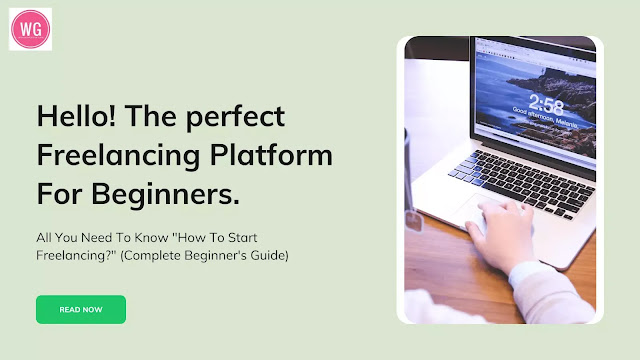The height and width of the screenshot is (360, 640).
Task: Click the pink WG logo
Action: (31, 29)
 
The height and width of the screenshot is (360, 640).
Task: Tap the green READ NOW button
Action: (81, 309)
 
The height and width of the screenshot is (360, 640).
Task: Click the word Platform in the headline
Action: (271, 155)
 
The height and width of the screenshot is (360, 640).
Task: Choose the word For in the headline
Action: (59, 194)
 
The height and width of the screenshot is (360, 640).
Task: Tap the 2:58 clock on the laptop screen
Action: (546, 105)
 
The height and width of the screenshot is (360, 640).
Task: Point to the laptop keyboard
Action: (522, 182)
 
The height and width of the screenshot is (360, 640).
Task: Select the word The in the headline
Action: (151, 116)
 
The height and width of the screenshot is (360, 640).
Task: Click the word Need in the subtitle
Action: (98, 238)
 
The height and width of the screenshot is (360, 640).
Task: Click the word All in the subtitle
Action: (43, 238)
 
